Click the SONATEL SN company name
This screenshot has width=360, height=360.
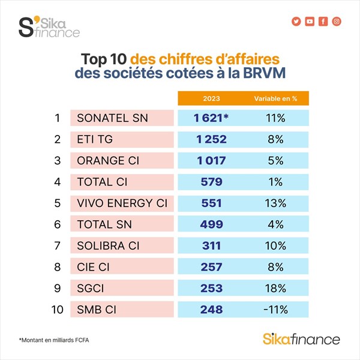112,118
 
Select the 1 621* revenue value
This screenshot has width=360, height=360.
211,118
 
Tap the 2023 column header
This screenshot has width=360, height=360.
212,98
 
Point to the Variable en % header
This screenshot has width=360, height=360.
275,98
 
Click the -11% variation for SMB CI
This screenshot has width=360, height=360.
276,310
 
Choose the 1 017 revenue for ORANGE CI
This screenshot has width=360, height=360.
212,160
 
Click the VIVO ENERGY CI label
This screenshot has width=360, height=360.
121,203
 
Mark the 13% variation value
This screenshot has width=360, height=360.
276,203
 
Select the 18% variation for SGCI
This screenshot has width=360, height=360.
276,289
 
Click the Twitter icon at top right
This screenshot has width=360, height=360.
296,22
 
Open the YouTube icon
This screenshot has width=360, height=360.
310,22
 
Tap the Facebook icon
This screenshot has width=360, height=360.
323,22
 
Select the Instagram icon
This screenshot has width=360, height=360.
337,22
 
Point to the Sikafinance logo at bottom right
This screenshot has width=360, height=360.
301,339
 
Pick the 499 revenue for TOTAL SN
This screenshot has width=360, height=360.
212,224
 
